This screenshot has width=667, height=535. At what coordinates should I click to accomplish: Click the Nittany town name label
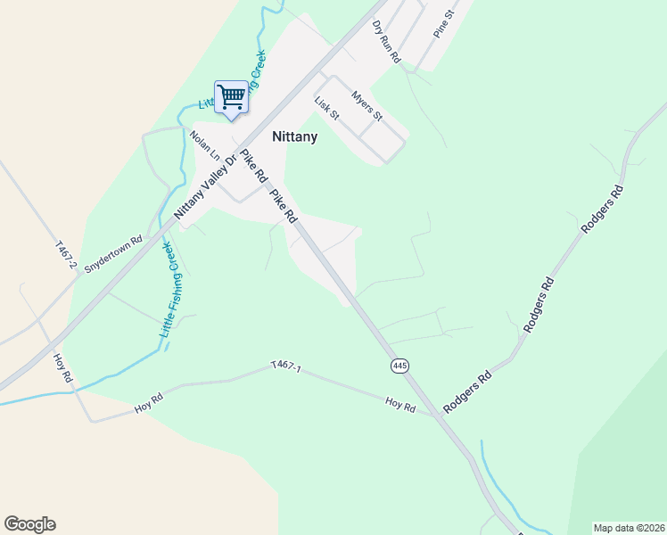pyautogui.click(x=293, y=138)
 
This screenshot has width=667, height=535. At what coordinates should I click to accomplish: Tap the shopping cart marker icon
pyautogui.click(x=231, y=96)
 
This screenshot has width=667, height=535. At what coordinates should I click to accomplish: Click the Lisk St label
pyautogui.click(x=327, y=109)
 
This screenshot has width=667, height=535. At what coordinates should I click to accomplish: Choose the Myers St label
pyautogui.click(x=366, y=105)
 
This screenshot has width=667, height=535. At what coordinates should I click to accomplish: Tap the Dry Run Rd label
pyautogui.click(x=388, y=40)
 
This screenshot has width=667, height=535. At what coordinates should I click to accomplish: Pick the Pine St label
pyautogui.click(x=443, y=24)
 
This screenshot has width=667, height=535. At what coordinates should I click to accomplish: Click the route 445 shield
pyautogui.click(x=399, y=366)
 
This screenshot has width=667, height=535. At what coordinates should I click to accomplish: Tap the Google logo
pyautogui.click(x=29, y=524)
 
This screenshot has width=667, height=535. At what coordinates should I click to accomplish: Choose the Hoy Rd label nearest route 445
pyautogui.click(x=401, y=406)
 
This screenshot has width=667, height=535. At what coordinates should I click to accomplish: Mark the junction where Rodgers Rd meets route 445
pyautogui.click(x=439, y=416)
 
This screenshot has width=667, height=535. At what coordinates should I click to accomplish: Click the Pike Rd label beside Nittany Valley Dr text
pyautogui.click(x=251, y=169)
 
